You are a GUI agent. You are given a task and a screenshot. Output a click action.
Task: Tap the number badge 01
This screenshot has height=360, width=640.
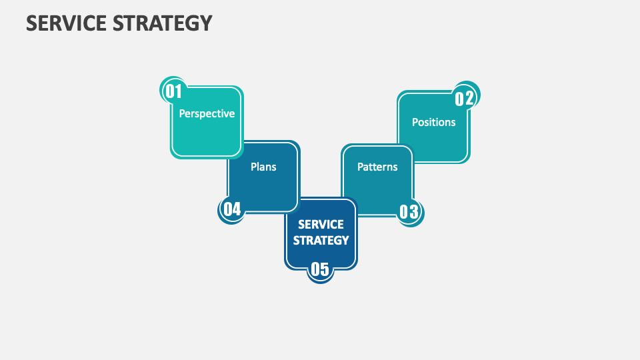[173, 91]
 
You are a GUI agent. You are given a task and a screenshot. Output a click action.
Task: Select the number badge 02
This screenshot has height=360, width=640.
[465, 99]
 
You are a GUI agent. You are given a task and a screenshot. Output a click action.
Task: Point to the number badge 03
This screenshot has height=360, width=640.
[409, 212]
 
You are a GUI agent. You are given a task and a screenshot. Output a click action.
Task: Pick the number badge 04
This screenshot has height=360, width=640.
[231, 209]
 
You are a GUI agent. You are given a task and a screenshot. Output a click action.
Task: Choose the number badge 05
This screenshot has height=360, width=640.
[320, 269]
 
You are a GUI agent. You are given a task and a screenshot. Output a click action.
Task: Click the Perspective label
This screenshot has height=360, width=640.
[207, 114]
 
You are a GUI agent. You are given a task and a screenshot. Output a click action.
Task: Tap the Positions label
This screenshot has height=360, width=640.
[433, 122]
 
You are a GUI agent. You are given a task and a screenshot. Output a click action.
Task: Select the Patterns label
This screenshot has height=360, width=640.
[377, 167]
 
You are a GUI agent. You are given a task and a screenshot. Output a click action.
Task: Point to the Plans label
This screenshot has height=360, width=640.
[263, 167]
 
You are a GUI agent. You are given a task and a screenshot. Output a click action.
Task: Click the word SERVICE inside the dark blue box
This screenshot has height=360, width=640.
[321, 225]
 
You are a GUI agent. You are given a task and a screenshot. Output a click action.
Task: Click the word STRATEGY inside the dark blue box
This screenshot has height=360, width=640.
[321, 240]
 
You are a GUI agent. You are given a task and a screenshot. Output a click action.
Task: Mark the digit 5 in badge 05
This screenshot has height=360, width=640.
[325, 269]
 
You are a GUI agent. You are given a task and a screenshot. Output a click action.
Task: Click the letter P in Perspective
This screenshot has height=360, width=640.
[182, 114]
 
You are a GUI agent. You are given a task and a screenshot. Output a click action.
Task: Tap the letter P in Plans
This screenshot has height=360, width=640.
[253, 167]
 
